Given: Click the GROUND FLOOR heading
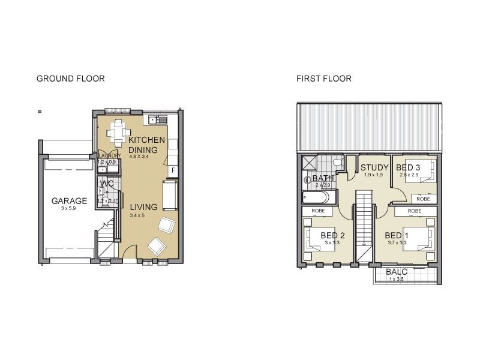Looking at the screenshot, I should click(x=71, y=79).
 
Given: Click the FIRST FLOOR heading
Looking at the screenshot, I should click(x=324, y=79).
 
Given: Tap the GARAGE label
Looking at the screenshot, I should click(x=69, y=201).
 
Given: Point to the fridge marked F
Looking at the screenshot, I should click(x=173, y=170).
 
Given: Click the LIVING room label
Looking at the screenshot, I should click(x=144, y=207).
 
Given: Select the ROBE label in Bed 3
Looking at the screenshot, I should click(x=424, y=199).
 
